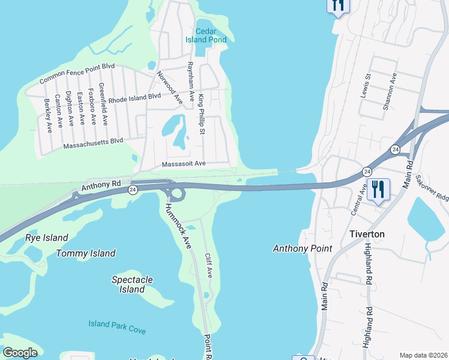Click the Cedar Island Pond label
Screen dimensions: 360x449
tap(210, 35)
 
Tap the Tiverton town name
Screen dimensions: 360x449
tap(367, 234)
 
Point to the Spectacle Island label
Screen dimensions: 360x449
tap(132, 284)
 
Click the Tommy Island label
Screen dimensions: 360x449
tap(86, 253)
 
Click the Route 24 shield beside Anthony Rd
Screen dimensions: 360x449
tap(131, 190)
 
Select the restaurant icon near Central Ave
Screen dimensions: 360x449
tap(378, 189)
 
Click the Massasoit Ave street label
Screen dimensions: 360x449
tap(184, 163)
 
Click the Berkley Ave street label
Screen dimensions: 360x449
tap(47, 112)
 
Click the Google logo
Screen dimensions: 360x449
tap(20, 353)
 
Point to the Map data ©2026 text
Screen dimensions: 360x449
tap(423, 355)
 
